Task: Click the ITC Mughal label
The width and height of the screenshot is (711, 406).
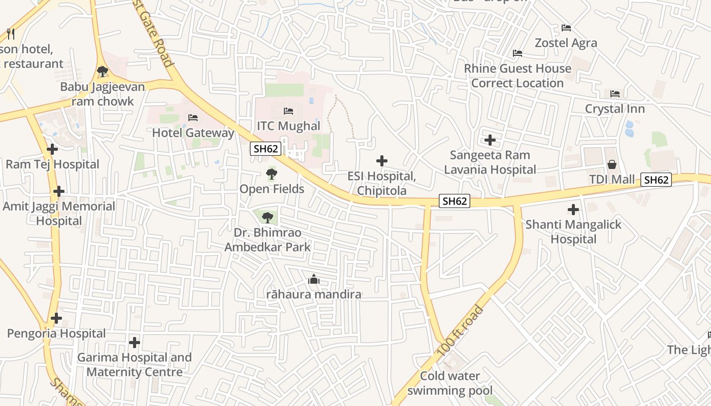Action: coord(288,126)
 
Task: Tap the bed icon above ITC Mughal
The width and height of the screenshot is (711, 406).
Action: coord(288,111)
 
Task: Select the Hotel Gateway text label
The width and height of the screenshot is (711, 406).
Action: coord(193,133)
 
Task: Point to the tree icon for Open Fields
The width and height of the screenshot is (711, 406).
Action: coord(272,175)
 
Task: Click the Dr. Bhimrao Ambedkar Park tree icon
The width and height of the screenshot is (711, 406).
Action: coord(267,218)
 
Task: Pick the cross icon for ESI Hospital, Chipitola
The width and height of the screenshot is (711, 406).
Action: coord(382,161)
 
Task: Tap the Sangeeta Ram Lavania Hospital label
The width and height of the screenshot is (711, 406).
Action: coord(490,162)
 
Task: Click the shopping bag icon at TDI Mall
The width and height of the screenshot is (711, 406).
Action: coord(612,164)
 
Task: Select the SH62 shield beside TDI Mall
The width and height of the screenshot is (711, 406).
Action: coord(656,180)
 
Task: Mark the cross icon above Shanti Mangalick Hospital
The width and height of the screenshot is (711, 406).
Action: coord(573,209)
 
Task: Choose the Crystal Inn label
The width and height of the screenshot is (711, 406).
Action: coord(615,109)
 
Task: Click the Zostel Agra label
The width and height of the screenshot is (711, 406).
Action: coord(566,43)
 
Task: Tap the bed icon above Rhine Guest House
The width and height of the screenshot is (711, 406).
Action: coord(518,53)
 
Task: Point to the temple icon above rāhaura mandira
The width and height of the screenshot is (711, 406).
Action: coord(314,279)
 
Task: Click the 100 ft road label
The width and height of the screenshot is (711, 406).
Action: coord(460,331)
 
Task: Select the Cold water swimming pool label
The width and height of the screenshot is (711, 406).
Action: coord(450,383)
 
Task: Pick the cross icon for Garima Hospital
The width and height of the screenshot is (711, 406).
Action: coord(134,343)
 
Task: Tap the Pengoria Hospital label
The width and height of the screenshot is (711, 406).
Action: coord(56,333)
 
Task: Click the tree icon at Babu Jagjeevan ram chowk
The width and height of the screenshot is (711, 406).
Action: coord(103,72)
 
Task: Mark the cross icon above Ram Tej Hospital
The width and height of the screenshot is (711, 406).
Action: coord(52,149)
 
